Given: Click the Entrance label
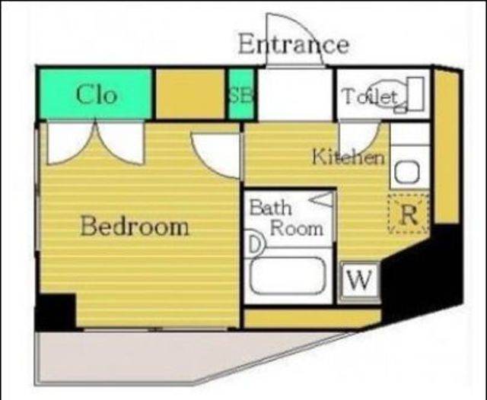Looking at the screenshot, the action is coord(294,45).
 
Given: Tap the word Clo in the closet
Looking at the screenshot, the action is coord(97,94).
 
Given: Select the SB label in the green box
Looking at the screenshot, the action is coord(241,95).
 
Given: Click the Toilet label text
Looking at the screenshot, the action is coord(370,97).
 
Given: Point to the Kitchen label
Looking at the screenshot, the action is coord(349,157).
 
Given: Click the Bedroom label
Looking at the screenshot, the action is coord(135,226).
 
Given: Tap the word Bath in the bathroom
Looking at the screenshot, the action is coord(271,208).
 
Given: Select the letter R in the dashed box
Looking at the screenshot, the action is coord(409,214).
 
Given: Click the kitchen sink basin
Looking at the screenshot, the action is coord(407,172).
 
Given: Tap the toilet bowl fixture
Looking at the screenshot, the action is coord(388,94).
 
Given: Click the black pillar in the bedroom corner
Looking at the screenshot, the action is coord(56,312).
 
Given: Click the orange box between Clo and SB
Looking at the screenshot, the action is coord(190,94).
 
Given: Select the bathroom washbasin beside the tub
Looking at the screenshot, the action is coord(256,244).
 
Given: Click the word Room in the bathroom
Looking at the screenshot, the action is coord(297,229).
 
